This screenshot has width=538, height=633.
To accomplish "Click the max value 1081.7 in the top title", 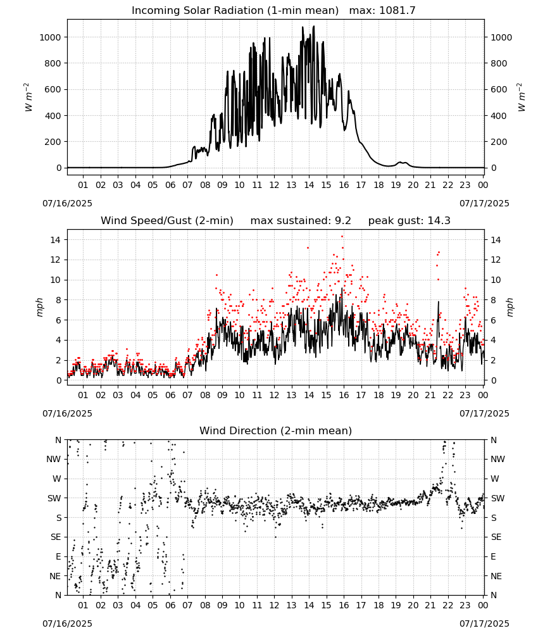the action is pyautogui.click(x=397, y=11).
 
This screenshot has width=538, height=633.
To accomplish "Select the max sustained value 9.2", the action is pyautogui.click(x=343, y=221).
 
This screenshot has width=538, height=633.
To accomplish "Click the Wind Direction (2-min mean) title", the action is pyautogui.click(x=276, y=430).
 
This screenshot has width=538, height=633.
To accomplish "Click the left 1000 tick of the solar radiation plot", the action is pyautogui.click(x=50, y=37).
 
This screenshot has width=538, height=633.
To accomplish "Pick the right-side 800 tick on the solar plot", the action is pyautogui.click(x=499, y=63).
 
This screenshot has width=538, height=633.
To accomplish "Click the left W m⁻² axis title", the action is pyautogui.click(x=28, y=97).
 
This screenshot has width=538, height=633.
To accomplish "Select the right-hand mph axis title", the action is pyautogui.click(x=510, y=307).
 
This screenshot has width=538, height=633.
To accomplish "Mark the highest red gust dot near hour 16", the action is pyautogui.click(x=342, y=237).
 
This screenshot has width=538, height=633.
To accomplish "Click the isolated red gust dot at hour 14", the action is pyautogui.click(x=308, y=248).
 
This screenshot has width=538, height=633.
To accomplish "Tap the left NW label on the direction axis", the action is pyautogui.click(x=54, y=460).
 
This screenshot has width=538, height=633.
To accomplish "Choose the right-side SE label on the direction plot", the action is pyautogui.click(x=496, y=537).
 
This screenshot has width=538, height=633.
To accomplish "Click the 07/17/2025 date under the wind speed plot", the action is pyautogui.click(x=484, y=413).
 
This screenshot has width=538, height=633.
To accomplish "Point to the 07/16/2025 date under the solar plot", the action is pyautogui.click(x=67, y=203).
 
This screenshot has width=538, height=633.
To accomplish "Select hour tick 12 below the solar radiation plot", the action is pyautogui.click(x=275, y=185).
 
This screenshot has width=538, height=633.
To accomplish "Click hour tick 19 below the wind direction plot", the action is pyautogui.click(x=396, y=606).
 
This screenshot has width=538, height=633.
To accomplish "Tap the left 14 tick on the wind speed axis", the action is pyautogui.click(x=56, y=240).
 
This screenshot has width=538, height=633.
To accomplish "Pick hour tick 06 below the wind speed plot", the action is pyautogui.click(x=170, y=395).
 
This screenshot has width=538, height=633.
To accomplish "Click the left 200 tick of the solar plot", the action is pyautogui.click(x=53, y=142).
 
